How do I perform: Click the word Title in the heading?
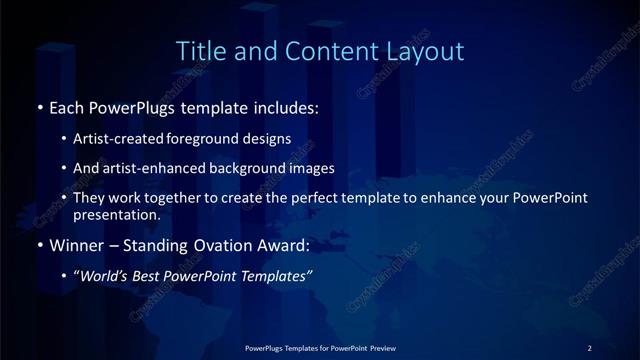(x=198, y=50)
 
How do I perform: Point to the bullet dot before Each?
(x=39, y=106)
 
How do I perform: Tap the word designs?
(x=264, y=139)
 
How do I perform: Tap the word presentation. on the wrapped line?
(x=116, y=214)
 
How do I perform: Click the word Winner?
(x=76, y=243)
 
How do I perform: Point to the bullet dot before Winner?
(x=39, y=243)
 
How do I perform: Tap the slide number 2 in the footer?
(x=590, y=347)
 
